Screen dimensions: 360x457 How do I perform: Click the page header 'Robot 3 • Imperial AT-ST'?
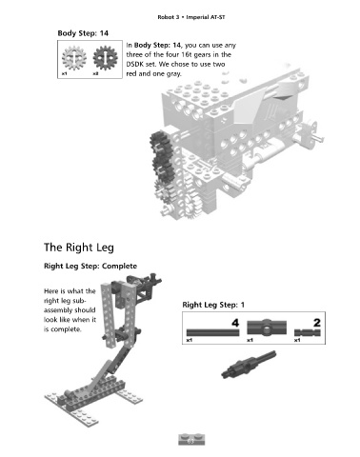click(x=191, y=17)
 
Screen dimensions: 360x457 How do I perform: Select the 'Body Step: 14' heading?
click(x=83, y=33)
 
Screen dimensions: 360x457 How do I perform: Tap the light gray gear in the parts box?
click(x=74, y=58)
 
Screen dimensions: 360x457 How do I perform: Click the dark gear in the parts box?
click(x=105, y=58)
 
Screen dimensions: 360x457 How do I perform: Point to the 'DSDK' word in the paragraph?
click(x=134, y=64)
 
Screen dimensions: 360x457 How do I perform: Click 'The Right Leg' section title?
click(x=79, y=248)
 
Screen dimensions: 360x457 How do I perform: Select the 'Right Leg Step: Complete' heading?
click(x=90, y=266)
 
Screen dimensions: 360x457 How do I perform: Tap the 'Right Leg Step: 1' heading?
click(x=213, y=305)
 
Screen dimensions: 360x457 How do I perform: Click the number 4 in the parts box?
click(x=235, y=323)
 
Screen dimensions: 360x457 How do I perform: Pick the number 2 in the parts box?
click(x=317, y=323)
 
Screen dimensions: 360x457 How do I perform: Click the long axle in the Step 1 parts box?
click(x=212, y=332)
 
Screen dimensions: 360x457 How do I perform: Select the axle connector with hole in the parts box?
click(x=267, y=328)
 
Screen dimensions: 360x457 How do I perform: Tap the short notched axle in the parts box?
click(x=308, y=332)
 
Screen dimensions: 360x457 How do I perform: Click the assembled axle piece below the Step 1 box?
click(x=249, y=364)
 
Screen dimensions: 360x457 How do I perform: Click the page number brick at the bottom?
click(x=191, y=440)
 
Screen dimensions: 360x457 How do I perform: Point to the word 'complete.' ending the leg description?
click(x=63, y=329)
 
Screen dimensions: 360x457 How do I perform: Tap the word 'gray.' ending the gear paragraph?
click(x=173, y=74)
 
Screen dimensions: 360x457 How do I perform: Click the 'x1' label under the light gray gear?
click(x=64, y=73)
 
